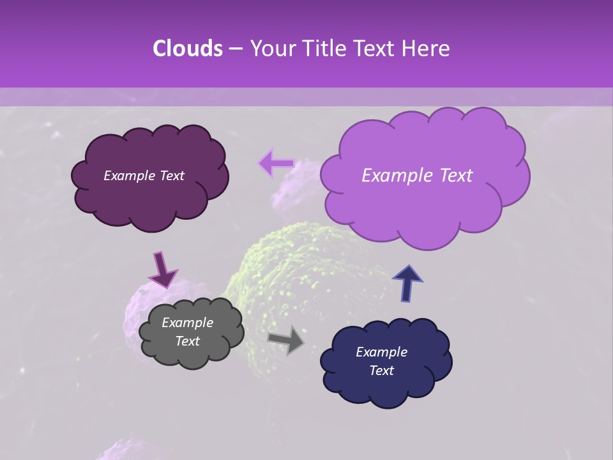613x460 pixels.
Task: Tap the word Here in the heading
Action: (428, 49)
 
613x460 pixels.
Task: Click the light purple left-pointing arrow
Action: (275, 164)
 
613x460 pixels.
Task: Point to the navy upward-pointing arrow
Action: (407, 283)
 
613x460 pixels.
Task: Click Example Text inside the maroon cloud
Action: (144, 176)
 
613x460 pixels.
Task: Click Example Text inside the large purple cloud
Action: (417, 176)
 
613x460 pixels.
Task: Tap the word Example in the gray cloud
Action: (187, 323)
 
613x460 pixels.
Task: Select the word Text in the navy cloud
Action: (381, 371)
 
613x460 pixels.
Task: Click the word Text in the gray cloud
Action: (187, 341)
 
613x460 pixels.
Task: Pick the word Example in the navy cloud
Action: (381, 352)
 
